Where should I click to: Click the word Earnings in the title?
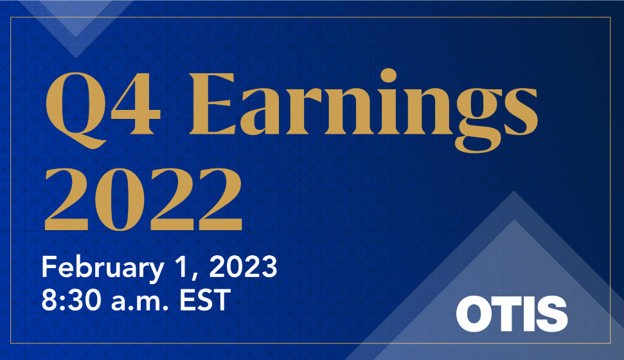(360, 106)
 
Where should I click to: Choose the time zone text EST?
(205, 300)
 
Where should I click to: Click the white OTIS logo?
(512, 314)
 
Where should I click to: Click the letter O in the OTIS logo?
(475, 314)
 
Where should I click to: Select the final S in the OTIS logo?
(551, 314)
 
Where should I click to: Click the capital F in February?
(48, 267)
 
